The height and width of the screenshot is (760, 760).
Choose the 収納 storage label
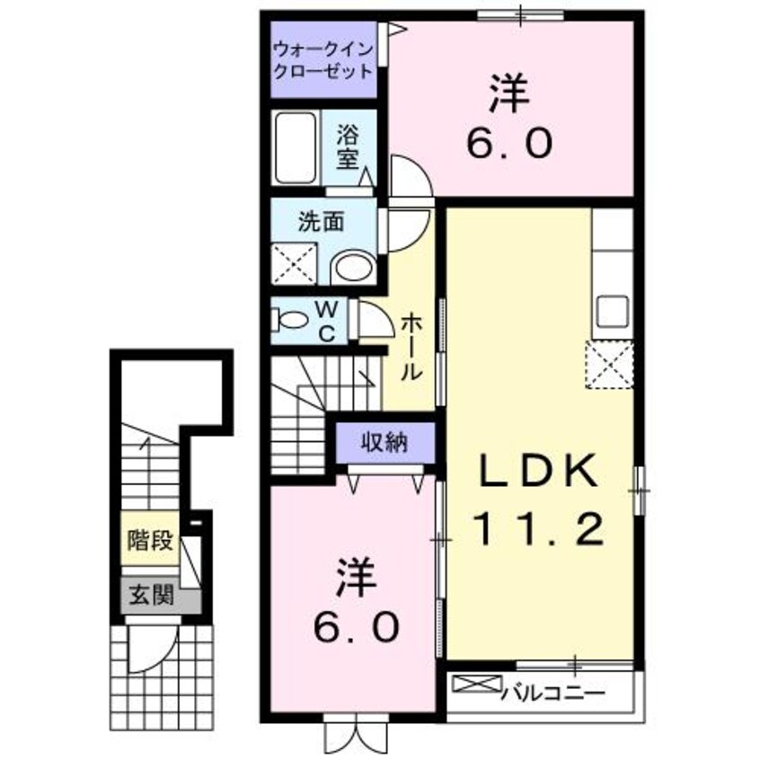tap(385, 441)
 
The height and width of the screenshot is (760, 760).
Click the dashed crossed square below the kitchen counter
tap(610, 366)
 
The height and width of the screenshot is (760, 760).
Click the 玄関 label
tap(150, 595)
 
